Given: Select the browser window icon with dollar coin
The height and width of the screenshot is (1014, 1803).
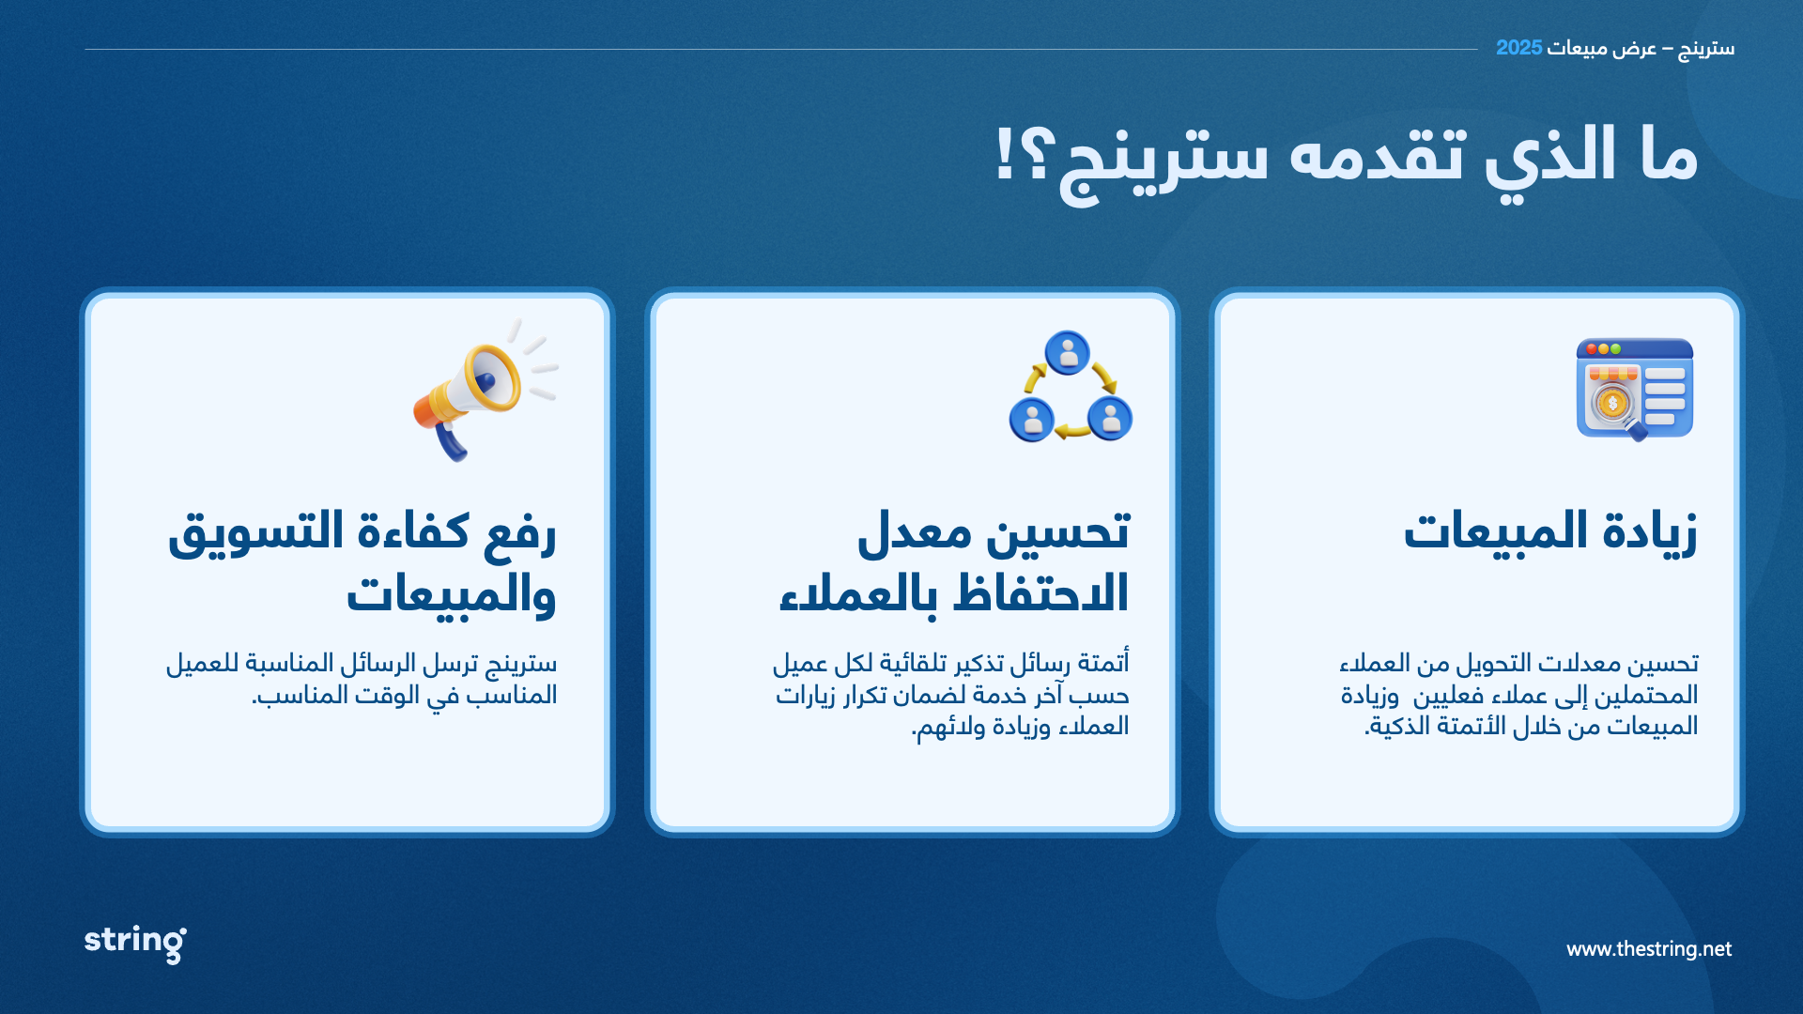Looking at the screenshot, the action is pos(1635,389).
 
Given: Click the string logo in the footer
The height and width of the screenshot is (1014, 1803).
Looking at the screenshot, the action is pos(135,943).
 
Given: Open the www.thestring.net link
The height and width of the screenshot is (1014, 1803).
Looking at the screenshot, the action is pos(1649,949).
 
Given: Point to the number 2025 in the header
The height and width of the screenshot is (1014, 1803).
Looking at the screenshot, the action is pos(1519,48).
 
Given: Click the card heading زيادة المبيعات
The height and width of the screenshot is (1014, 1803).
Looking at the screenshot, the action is pos(1550,532).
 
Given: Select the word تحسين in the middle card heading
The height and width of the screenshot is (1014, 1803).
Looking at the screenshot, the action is pos(1058,532).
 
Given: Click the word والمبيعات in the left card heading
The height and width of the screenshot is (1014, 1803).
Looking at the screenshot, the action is pos(452,594).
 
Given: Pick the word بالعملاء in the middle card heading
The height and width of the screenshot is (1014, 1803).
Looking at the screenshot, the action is pos(858,594).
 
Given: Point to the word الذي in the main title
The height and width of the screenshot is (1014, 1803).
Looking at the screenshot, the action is pos(1550,156).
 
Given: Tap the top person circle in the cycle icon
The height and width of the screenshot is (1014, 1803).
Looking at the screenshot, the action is pos(1068,353).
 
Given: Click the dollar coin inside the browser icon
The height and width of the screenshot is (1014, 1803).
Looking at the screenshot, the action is pos(1612,404).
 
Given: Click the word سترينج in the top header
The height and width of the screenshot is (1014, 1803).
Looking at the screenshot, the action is pos(1706,49).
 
